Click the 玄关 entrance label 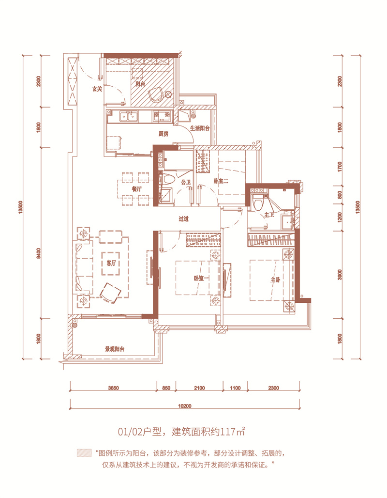point(97,89)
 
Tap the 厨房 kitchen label point(164,134)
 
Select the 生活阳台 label point(200,128)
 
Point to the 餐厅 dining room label point(137,188)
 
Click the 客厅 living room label point(111,263)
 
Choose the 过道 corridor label point(184,219)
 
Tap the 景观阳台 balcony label point(115,349)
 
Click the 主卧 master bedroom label point(275,280)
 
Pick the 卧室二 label point(221,181)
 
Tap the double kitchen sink point(129,117)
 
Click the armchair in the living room point(110,293)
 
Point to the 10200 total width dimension point(185,406)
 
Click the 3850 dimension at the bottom point(113,388)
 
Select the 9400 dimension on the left point(38,254)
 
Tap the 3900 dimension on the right point(340,274)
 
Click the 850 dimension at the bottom point(166,388)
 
